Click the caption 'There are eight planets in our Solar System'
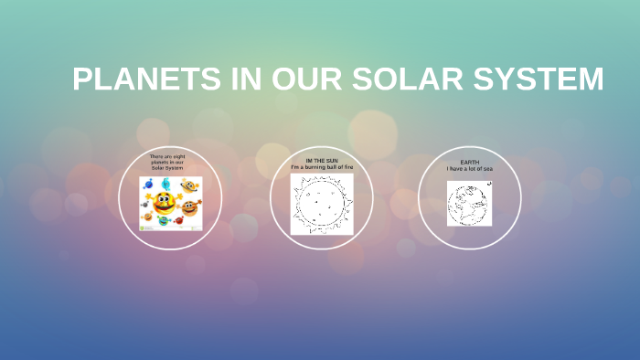[167, 163]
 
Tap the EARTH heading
[470, 163]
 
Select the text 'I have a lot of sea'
[470, 169]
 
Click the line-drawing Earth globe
[467, 204]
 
